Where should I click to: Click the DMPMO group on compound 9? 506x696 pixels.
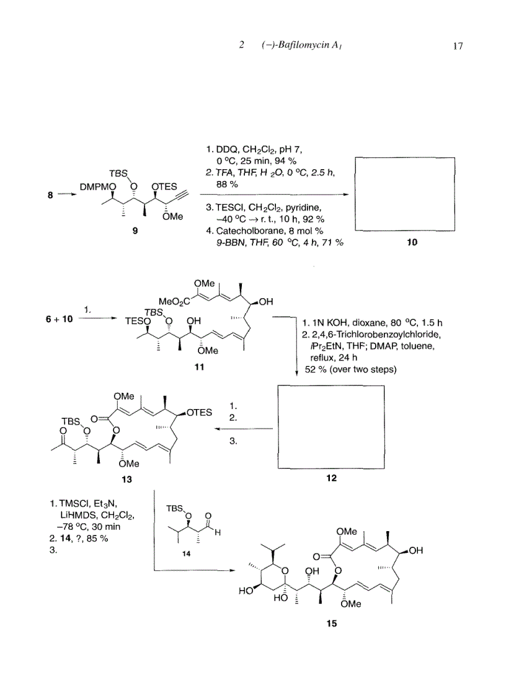[x=95, y=185]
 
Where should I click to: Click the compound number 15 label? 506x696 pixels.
[x=332, y=623]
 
